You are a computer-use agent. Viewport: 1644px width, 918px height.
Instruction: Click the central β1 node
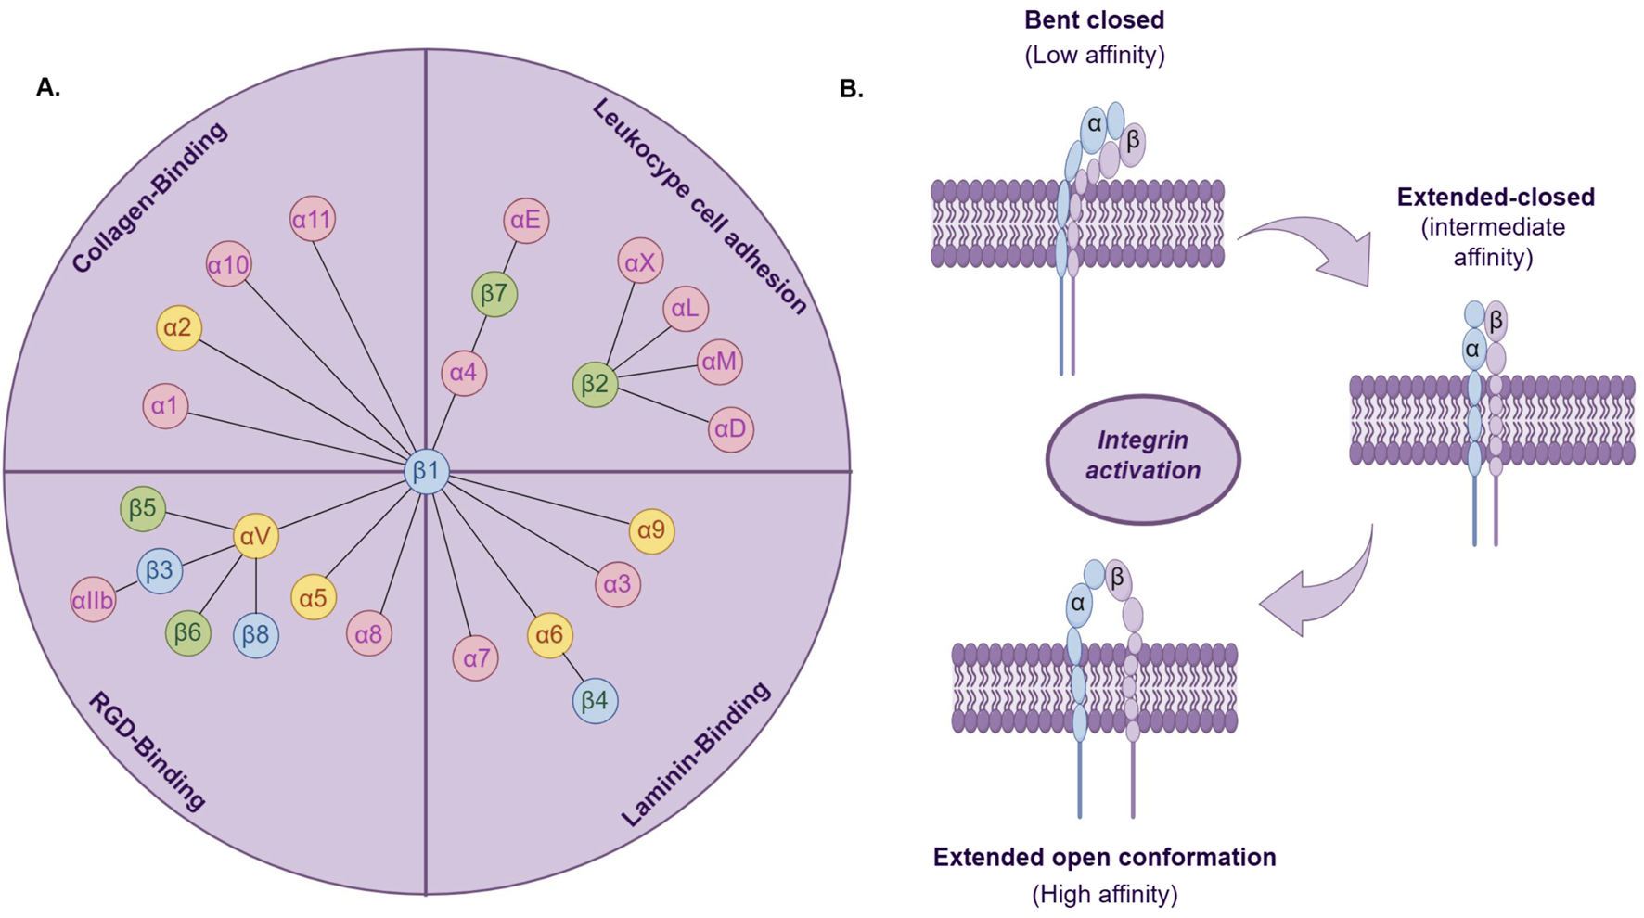[427, 471]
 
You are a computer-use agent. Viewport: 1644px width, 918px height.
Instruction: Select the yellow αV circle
[255, 536]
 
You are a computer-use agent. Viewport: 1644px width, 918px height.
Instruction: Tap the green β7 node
[494, 295]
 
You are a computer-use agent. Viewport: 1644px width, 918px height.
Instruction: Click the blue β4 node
[595, 700]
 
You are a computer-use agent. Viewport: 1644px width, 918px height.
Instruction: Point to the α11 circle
[312, 220]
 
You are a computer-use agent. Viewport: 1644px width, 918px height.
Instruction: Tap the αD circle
[730, 429]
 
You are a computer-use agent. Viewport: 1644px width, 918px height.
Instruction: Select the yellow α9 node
[651, 530]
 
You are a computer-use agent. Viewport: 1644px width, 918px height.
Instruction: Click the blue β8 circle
[255, 635]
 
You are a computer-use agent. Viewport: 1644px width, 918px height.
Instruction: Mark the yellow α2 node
[178, 327]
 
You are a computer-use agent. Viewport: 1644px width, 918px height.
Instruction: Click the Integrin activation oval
[1142, 457]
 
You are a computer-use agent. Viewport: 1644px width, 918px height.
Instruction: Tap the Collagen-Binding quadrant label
[149, 198]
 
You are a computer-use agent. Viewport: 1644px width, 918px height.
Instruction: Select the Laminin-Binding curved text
[695, 754]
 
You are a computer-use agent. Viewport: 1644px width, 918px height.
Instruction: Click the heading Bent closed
[1094, 20]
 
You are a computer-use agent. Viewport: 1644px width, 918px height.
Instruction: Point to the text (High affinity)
[1104, 894]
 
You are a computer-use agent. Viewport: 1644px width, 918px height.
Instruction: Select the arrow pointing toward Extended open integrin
[1317, 589]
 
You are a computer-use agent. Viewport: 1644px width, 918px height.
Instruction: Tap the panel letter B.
[851, 89]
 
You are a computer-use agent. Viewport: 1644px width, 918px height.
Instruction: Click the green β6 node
[187, 633]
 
